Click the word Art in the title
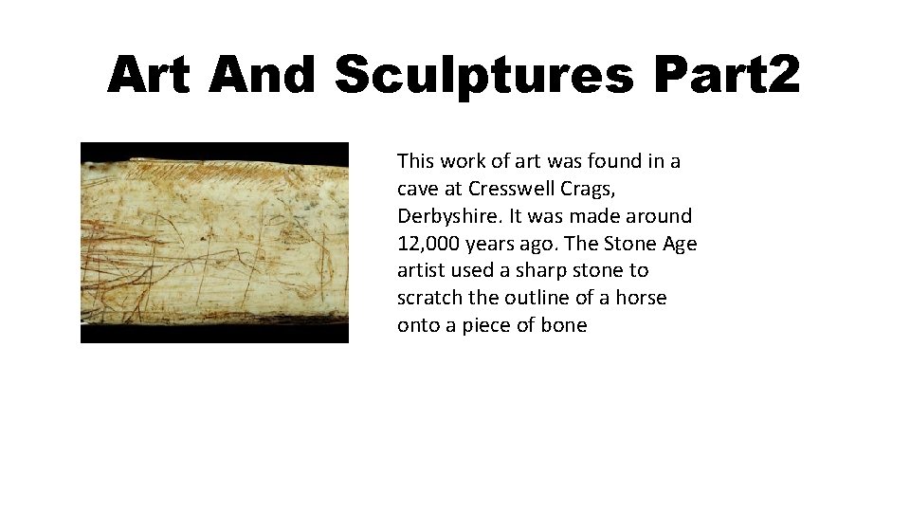[149, 74]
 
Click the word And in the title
[262, 74]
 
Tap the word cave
[418, 189]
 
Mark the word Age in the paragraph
[679, 244]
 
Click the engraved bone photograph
[214, 243]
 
